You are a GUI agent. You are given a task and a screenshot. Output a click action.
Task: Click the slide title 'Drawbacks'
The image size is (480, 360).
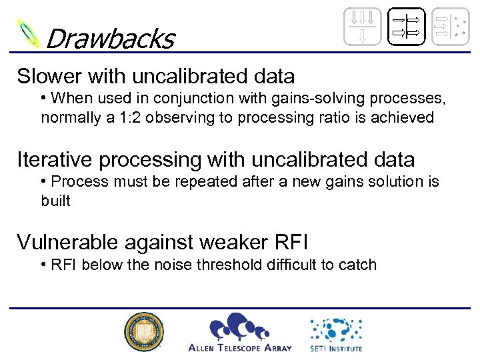pos(109,38)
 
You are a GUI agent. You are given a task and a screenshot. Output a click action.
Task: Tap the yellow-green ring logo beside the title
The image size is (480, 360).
pos(28,33)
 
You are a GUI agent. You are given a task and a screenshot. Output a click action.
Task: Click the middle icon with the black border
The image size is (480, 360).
pos(406,27)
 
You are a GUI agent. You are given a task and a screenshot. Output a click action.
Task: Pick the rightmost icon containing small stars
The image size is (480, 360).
pos(450,27)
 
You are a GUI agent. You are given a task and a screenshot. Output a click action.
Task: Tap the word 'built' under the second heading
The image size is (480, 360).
pos(55,201)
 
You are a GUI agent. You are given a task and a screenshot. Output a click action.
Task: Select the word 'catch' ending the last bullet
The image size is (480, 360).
pos(358,265)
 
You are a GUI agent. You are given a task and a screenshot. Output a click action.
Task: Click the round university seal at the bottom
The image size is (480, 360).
pos(143,332)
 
